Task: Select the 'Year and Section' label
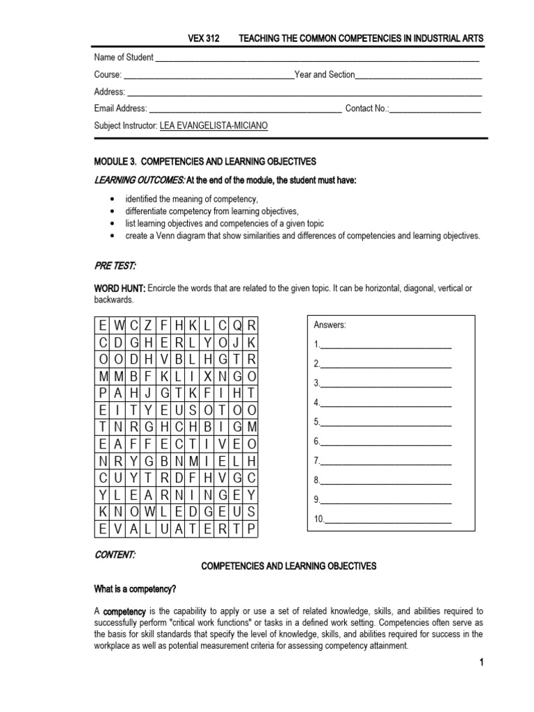pos(325,74)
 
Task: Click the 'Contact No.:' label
pos(367,108)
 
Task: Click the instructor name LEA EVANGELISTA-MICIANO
pos(213,126)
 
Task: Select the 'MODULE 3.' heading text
pos(119,161)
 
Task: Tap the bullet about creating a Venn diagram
pos(302,236)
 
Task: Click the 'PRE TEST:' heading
pos(115,266)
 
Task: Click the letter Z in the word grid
pos(147,324)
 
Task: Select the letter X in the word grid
pos(208,375)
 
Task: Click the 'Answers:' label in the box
pos(330,325)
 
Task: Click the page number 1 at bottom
pos(480,663)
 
